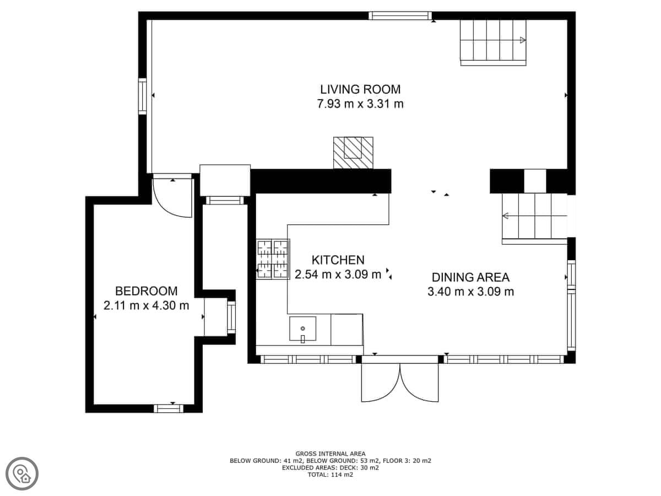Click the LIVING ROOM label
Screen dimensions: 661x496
coord(360,89)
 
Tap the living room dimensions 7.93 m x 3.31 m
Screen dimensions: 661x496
coord(360,104)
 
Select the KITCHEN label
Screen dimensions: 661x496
coord(338,260)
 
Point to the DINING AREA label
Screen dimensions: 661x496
coord(470,277)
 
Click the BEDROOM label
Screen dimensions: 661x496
coord(147,291)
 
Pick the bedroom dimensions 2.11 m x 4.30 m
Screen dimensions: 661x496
coord(147,306)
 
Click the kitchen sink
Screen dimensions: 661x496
coord(302,329)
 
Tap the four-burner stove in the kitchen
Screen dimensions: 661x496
coord(273,259)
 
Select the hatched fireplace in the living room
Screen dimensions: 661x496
coord(353,153)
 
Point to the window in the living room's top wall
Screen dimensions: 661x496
coord(400,15)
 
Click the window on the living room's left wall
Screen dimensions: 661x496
coord(142,96)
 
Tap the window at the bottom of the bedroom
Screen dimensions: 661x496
coord(169,409)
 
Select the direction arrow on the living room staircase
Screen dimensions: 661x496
coord(523,40)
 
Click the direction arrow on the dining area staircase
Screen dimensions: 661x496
coord(505,215)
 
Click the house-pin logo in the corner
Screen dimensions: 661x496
coord(22,474)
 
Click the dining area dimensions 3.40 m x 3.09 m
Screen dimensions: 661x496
coord(470,292)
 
